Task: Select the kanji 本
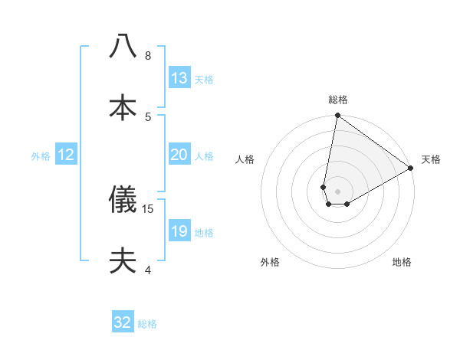click(123, 107)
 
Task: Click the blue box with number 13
click(179, 78)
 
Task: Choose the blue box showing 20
click(179, 155)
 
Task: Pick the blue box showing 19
click(179, 231)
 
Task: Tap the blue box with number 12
click(66, 155)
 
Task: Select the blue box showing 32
click(123, 322)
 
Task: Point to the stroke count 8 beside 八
click(148, 55)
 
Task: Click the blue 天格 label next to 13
click(204, 80)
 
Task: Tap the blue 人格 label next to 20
click(204, 156)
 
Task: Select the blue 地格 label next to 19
click(204, 233)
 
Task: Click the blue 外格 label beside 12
click(41, 156)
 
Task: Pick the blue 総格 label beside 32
click(147, 324)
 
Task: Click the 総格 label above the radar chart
click(337, 100)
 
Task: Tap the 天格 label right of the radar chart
click(431, 159)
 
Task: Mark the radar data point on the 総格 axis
click(337, 116)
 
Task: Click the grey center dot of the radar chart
click(337, 191)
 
